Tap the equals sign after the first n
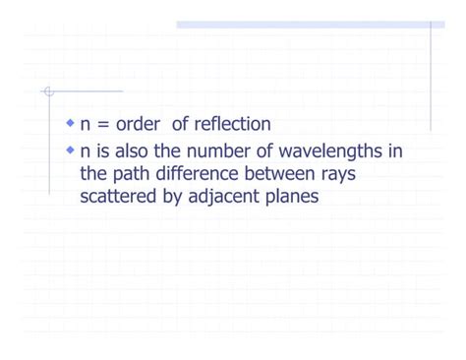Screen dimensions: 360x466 101,125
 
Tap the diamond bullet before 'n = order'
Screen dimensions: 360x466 70,124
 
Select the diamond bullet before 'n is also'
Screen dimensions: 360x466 70,150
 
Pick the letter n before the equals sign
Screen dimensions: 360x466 86,125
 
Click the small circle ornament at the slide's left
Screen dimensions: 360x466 46,92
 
